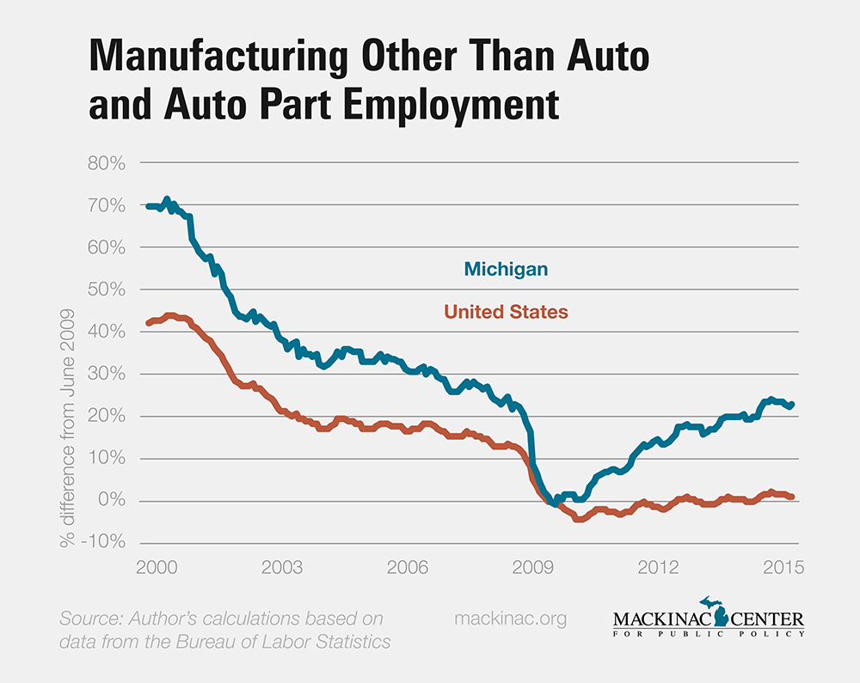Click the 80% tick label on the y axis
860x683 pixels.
(106, 163)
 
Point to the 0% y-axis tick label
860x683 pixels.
(113, 501)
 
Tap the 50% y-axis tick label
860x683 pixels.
(106, 290)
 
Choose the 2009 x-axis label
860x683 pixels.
(532, 568)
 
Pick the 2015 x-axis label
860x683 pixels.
(783, 568)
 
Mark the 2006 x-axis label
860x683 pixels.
(407, 568)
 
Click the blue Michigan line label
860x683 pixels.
(506, 269)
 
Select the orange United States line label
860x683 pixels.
(506, 311)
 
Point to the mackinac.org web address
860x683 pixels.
(510, 619)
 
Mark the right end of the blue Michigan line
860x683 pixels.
(792, 404)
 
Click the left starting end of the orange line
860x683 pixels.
(148, 323)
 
